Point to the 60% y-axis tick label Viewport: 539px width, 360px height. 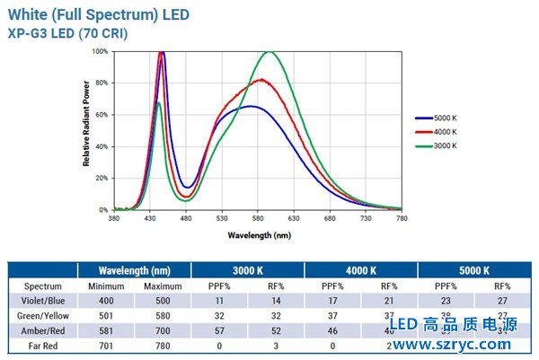tap(102, 115)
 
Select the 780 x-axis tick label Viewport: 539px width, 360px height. tap(402, 218)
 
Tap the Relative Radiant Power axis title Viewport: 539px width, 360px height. tap(86, 130)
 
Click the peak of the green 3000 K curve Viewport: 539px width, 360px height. tap(268, 52)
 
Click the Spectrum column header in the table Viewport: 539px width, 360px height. tap(42, 285)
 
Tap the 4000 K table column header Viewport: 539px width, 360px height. tap(362, 269)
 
